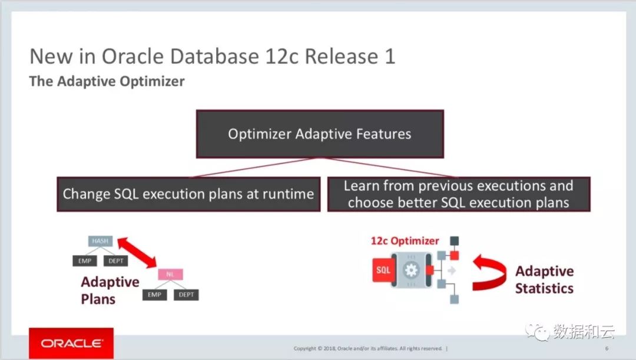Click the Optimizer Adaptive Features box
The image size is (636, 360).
[x=320, y=134]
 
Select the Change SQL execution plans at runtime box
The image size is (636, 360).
[x=188, y=194]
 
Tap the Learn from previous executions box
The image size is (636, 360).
[x=458, y=194]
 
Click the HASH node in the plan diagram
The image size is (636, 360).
[x=100, y=241]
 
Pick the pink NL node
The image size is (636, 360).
[x=171, y=275]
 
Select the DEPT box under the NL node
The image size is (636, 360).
[x=186, y=295]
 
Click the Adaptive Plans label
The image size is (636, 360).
[x=110, y=290]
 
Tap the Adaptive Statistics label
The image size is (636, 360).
[x=544, y=279]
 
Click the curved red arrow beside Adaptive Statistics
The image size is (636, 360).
[x=489, y=272]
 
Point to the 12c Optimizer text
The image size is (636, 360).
[x=405, y=240]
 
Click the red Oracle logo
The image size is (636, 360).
[x=71, y=343]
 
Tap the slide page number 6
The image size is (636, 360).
[x=607, y=348]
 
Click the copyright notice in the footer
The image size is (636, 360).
[x=368, y=348]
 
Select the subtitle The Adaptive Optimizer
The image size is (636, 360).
[x=107, y=81]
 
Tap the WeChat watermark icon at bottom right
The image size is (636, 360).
[x=538, y=332]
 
